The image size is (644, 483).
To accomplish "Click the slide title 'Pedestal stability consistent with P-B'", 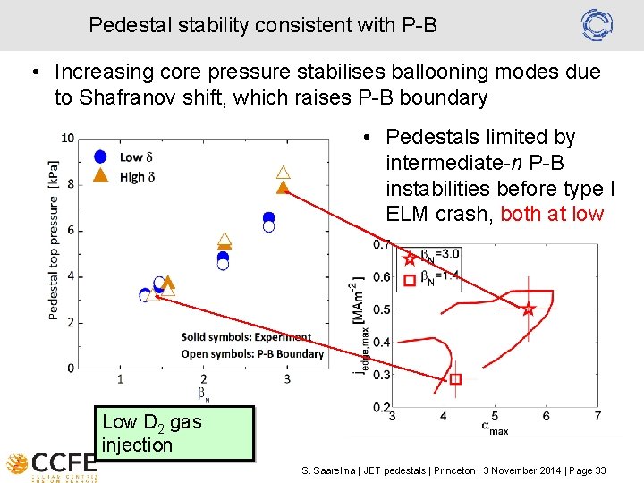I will coord(262,25).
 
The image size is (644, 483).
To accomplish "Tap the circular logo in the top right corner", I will coord(597,24).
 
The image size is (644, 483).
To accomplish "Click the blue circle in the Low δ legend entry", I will coord(101,157).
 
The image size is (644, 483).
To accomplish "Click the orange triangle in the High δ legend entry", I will coord(101,175).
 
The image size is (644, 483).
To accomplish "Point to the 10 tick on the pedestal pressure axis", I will coord(68,138).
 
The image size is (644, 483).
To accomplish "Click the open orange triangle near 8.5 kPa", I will coord(283,172).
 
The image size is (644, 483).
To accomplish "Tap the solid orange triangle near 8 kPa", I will coord(283,188).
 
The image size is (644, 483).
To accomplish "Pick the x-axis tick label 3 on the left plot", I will coord(287,380).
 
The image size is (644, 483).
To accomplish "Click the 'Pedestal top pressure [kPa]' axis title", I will coord(54,240).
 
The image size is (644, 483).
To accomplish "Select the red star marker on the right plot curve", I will coord(528,309).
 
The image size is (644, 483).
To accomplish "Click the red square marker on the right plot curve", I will coord(455,379).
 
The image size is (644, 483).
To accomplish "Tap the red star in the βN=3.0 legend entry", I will coord(410,258).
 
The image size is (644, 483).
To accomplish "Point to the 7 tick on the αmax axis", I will coord(597,416).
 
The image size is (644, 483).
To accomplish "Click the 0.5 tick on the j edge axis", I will coord(381,309).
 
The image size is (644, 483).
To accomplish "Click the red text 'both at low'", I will coord(552,215).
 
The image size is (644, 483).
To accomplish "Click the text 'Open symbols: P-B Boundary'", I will coord(252,353).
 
